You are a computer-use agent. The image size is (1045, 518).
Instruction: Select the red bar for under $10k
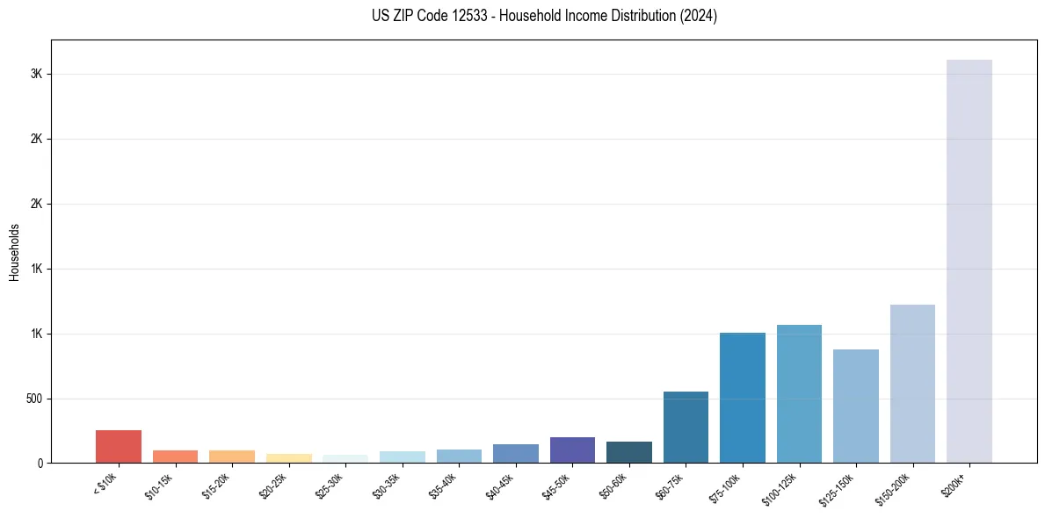[x=119, y=446]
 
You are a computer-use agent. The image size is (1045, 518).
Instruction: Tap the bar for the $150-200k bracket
[x=912, y=384]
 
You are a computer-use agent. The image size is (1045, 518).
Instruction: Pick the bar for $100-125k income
[x=799, y=393]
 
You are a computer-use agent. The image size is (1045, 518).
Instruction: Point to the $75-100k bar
[x=743, y=398]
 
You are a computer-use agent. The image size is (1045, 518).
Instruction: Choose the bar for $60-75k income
[x=686, y=427]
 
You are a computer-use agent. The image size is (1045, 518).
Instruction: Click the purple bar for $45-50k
[x=572, y=450]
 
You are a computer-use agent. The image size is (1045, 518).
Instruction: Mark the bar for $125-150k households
[x=856, y=406]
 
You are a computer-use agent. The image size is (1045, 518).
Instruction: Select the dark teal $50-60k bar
[x=629, y=452]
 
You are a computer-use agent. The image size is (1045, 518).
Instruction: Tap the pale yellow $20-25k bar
[x=289, y=458]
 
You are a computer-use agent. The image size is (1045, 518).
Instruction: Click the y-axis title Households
[x=14, y=252]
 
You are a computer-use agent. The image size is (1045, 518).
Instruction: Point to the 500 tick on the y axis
[x=33, y=399]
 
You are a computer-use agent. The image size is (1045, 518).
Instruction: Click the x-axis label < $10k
[x=105, y=482]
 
